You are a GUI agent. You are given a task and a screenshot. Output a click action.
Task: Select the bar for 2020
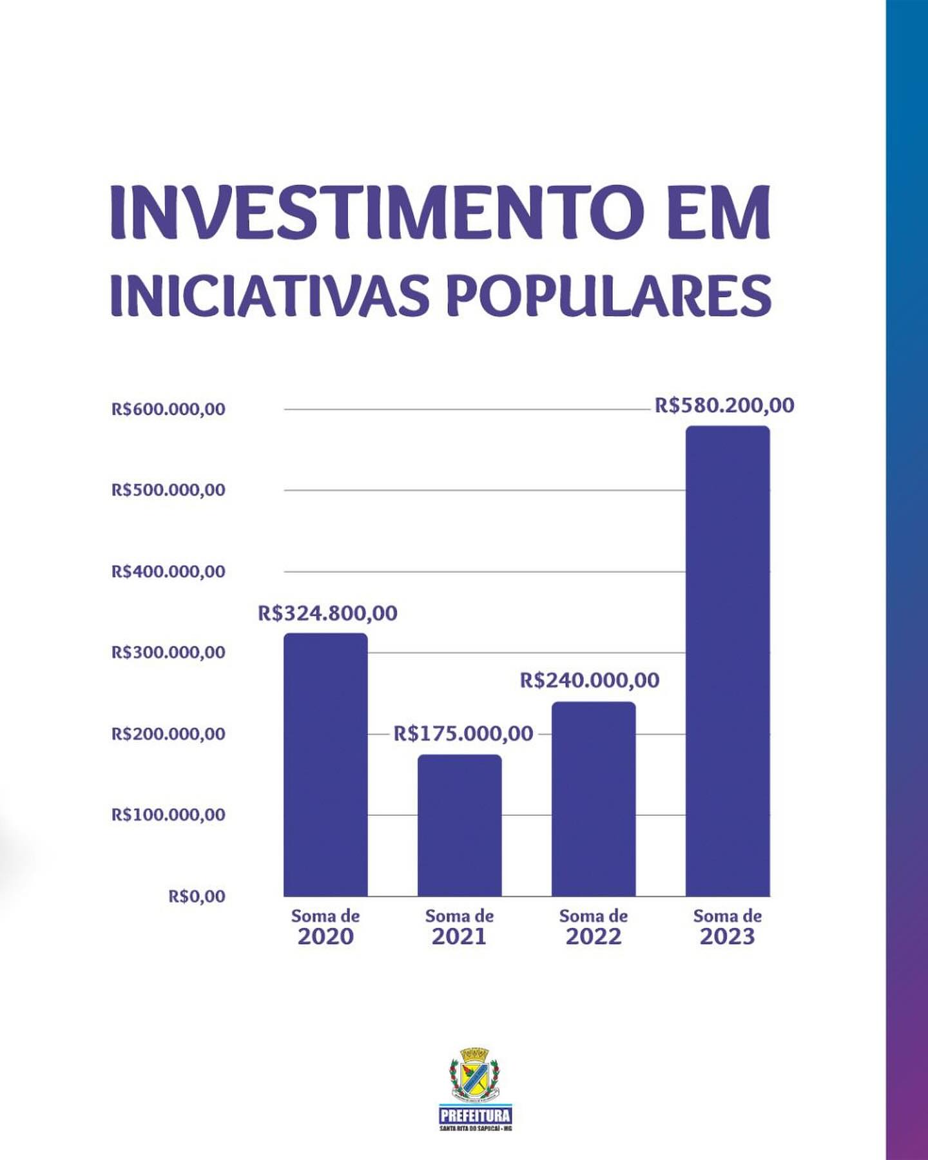tap(325, 765)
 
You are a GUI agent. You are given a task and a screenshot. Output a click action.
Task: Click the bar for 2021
tap(459, 826)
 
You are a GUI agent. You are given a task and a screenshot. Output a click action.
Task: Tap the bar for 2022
tap(594, 799)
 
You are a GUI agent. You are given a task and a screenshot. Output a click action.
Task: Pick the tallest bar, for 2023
tap(728, 661)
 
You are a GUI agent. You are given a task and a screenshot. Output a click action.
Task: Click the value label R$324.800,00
tap(327, 613)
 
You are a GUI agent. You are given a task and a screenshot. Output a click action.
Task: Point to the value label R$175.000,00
tap(463, 733)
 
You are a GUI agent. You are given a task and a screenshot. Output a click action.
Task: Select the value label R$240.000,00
tap(590, 680)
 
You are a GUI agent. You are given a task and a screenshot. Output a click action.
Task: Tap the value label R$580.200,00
tap(724, 405)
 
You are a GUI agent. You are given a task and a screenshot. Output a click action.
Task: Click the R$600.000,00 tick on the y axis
tap(168, 409)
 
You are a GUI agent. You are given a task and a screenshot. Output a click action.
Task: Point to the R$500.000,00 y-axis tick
tap(168, 490)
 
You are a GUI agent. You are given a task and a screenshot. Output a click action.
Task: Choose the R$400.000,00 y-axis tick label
tap(168, 572)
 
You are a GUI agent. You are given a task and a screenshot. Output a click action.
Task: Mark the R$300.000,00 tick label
tap(168, 652)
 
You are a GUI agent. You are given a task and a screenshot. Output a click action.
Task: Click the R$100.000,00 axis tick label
tap(168, 815)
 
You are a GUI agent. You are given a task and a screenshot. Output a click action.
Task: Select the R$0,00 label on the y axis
tap(197, 896)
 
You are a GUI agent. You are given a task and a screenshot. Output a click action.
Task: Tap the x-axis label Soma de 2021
tap(459, 927)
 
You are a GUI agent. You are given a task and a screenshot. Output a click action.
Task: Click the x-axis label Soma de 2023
tap(728, 927)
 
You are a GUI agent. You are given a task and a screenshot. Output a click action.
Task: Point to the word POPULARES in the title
tap(608, 296)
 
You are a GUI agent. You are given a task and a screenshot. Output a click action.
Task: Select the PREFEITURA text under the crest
tap(475, 1116)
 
